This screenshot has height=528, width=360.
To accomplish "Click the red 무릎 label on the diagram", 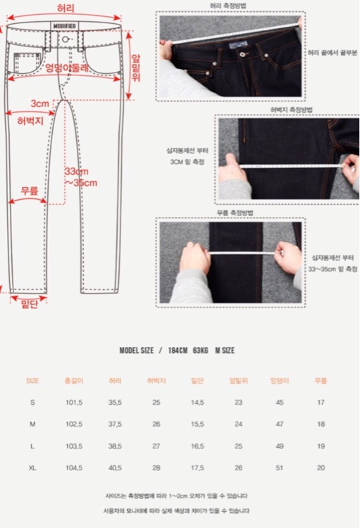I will coord(28,190).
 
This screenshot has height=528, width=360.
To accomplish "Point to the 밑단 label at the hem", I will coord(29,303).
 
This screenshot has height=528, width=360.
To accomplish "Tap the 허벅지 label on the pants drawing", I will coord(30,120).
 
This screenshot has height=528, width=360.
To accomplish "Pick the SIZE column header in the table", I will coord(32,380).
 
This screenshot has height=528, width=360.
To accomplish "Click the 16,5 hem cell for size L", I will coord(197,446).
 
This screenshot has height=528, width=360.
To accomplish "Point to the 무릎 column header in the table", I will coord(321,380).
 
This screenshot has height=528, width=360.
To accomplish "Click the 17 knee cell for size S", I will coord(321,402).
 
